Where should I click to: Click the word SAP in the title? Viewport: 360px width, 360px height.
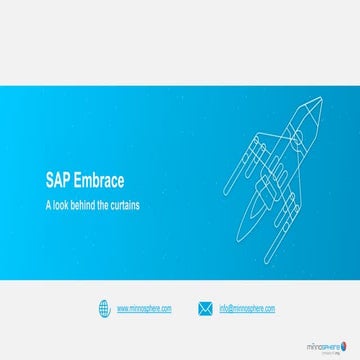click(58, 184)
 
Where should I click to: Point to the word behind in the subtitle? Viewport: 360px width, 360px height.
click(91, 204)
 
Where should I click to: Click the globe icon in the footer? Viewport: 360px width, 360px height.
click(104, 308)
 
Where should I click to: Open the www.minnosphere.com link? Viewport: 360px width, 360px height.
click(144, 309)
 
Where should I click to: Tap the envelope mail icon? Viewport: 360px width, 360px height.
click(205, 308)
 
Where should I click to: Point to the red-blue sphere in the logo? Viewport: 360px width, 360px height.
click(346, 336)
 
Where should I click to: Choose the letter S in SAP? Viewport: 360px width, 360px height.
click(50, 184)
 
